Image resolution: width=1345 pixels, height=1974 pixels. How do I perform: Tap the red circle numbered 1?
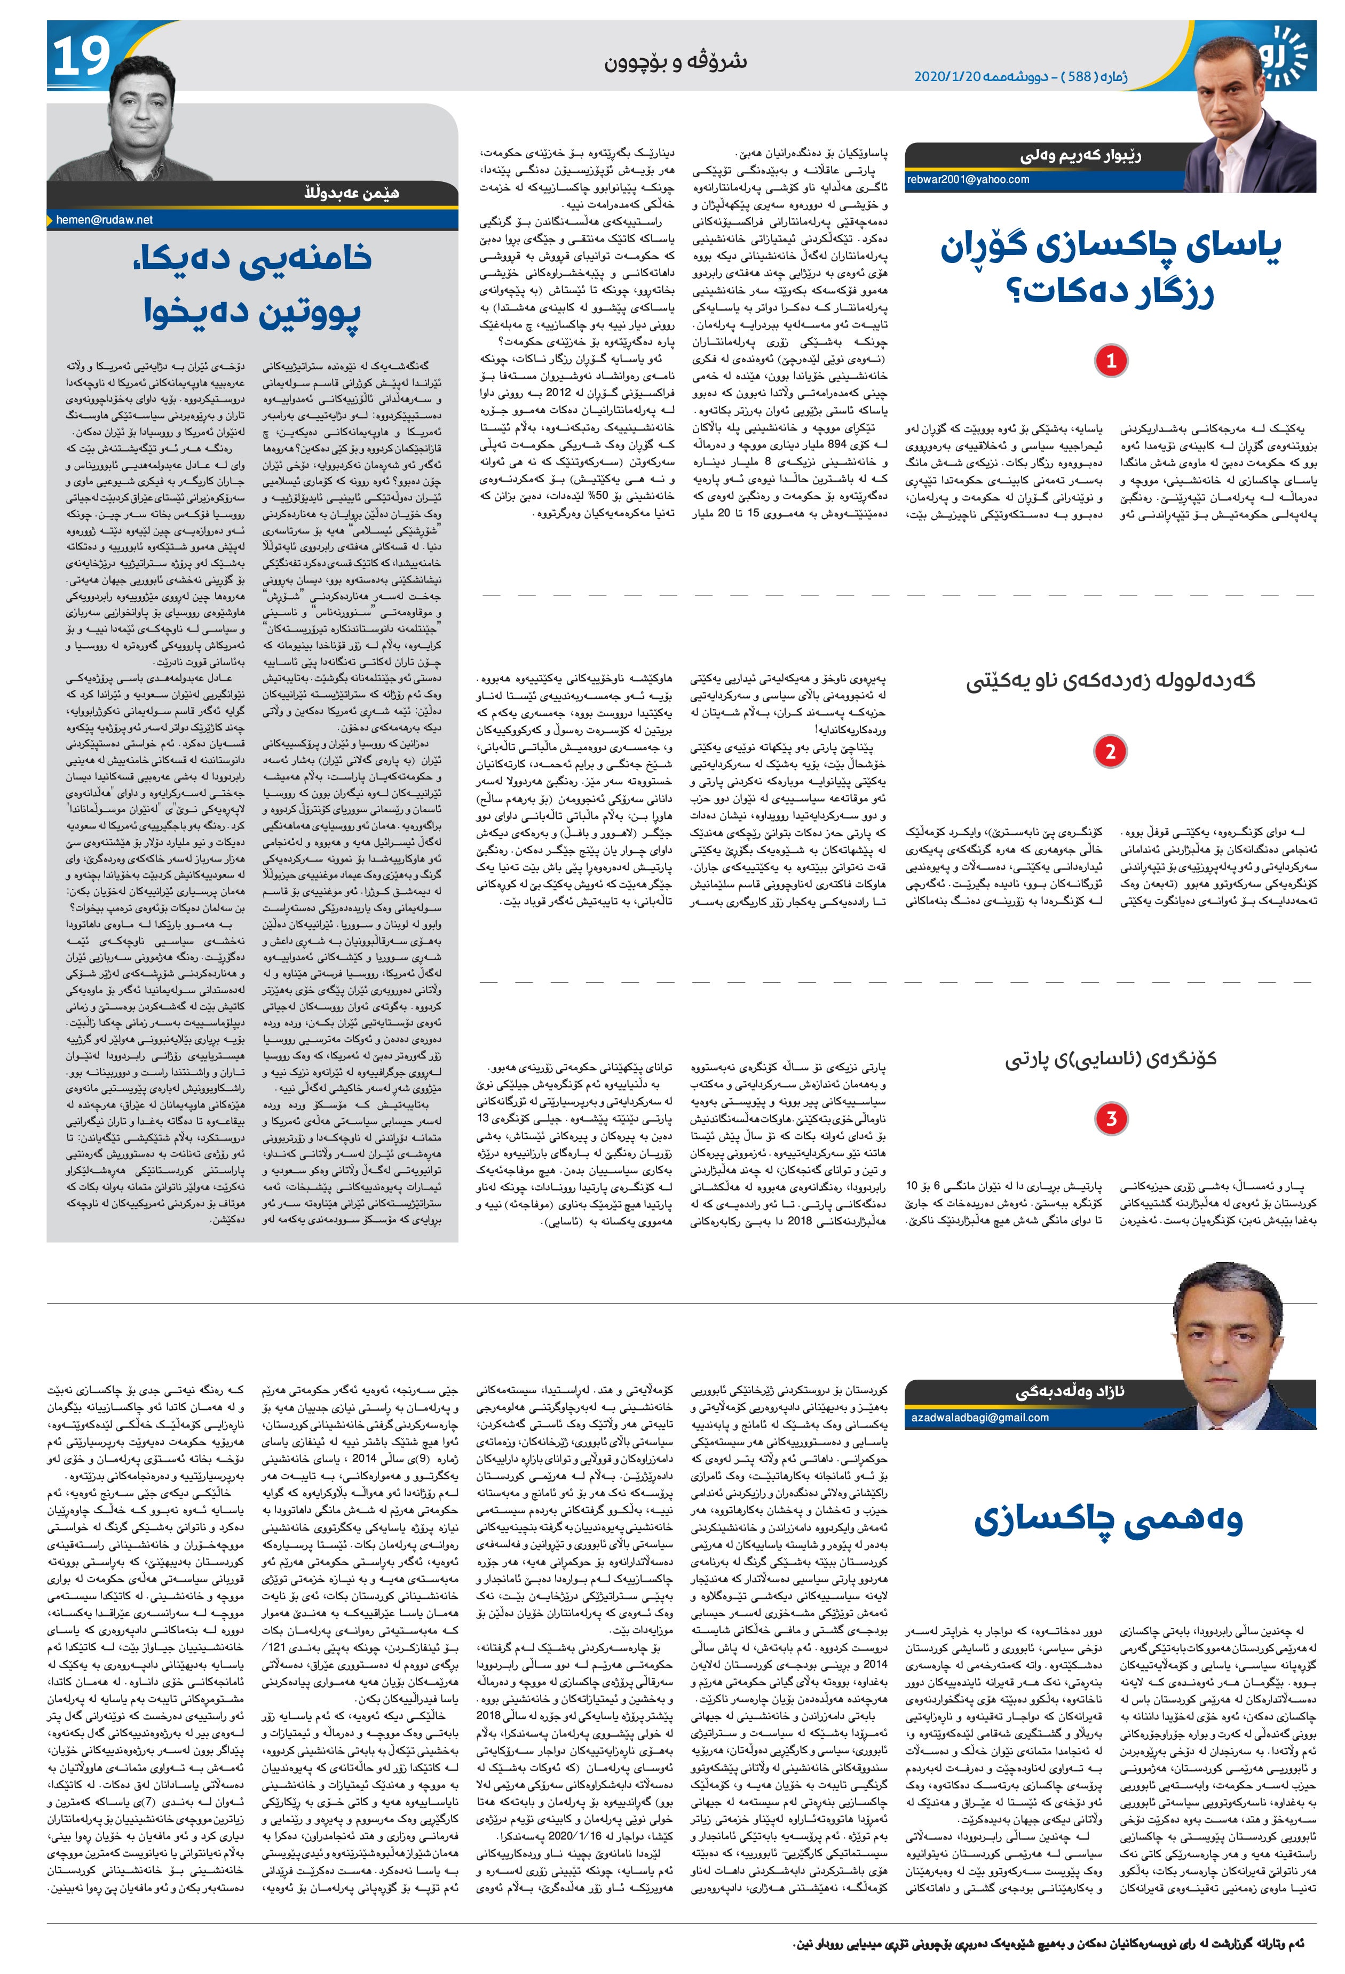point(1110,360)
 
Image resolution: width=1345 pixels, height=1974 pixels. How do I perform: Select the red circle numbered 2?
point(1110,751)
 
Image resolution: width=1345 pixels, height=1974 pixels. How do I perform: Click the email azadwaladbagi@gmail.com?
point(979,1417)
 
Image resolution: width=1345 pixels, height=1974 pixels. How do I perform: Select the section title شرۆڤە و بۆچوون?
point(676,61)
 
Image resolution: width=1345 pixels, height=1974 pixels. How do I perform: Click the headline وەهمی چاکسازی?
point(1108,1521)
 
